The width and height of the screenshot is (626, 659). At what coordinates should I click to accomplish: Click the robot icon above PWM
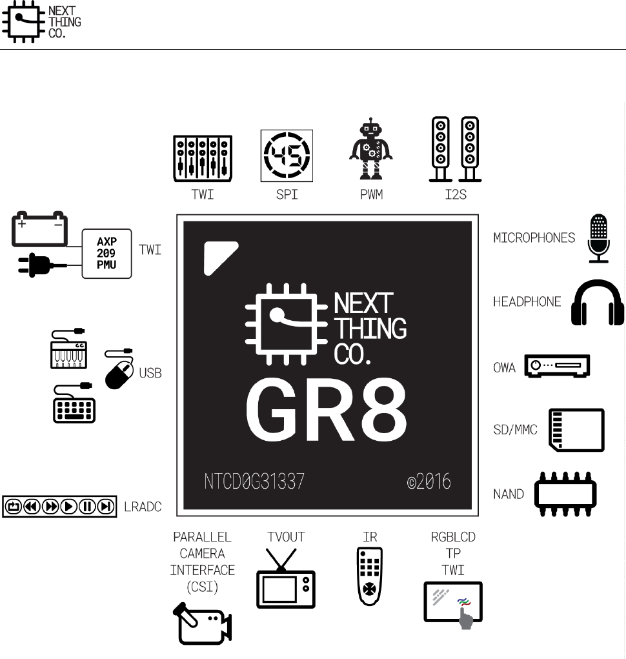click(x=370, y=149)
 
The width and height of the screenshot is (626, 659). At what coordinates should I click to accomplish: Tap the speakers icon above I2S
click(x=456, y=149)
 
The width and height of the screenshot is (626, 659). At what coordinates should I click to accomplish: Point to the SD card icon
click(x=576, y=430)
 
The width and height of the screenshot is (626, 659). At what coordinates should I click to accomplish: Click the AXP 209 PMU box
click(x=106, y=253)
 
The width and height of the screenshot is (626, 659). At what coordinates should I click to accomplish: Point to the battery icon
click(x=39, y=228)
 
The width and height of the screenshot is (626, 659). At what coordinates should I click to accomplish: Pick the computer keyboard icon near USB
click(x=74, y=403)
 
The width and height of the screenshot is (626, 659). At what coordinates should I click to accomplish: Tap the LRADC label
click(x=143, y=507)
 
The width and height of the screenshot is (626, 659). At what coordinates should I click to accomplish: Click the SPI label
click(x=286, y=194)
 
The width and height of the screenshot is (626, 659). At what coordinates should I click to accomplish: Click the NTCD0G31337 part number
click(x=252, y=482)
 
